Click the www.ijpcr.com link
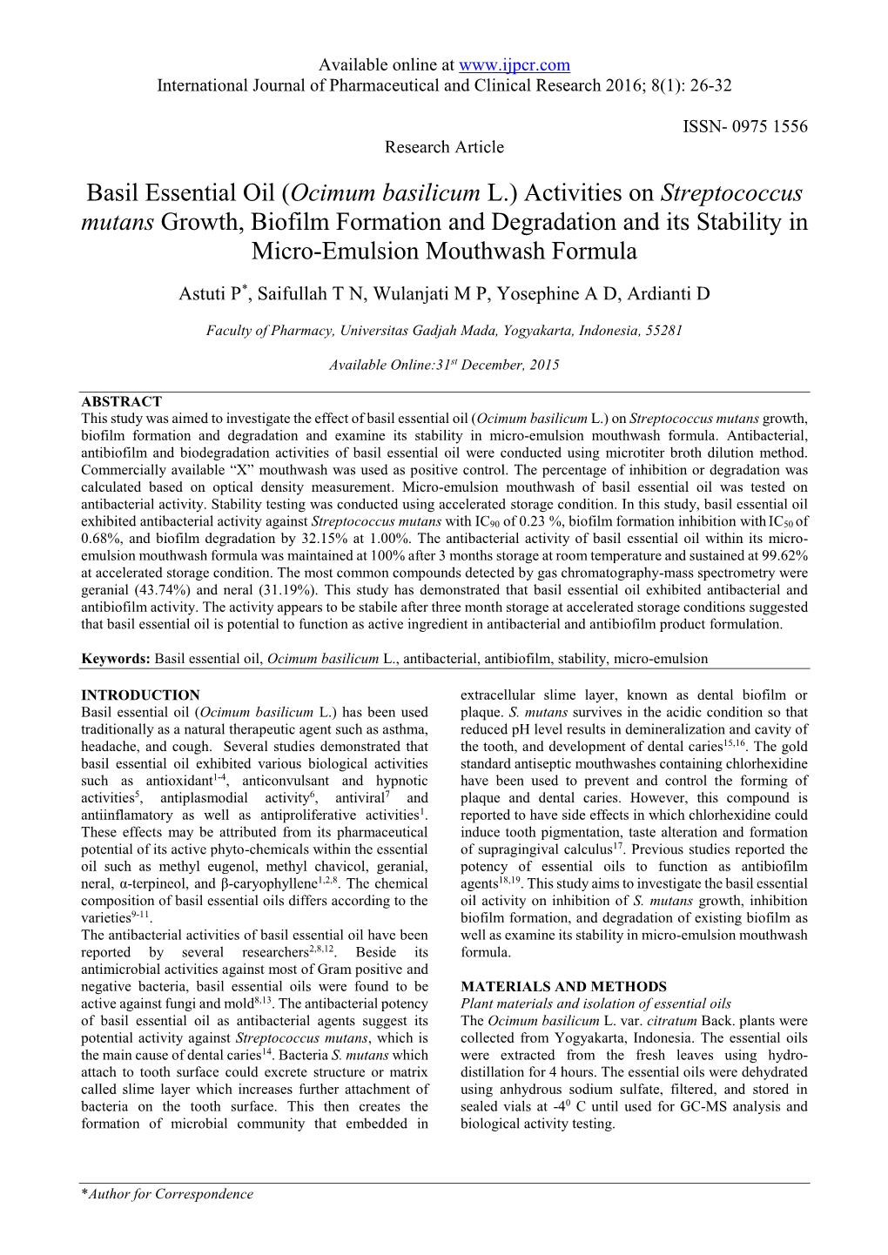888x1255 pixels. coord(514,64)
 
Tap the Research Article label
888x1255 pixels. coord(444,147)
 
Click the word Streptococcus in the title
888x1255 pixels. coord(732,192)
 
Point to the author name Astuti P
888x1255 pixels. coord(211,294)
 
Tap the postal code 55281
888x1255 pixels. coord(663,331)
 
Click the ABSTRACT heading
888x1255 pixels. coord(121,401)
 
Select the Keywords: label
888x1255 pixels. coord(116,659)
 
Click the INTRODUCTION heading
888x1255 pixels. coord(140,695)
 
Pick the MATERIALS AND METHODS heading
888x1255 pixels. coord(563,987)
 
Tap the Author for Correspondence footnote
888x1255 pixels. coord(167,1194)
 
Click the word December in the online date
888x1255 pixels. coord(492,366)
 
